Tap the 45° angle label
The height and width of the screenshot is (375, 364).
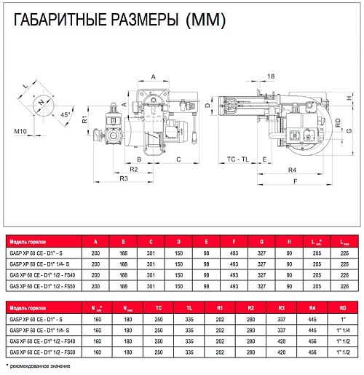point(65,114)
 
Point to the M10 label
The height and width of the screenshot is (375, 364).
point(20,131)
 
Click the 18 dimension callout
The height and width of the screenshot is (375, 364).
point(271,76)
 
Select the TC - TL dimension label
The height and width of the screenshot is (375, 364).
point(238,159)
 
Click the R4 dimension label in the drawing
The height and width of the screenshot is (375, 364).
point(292,170)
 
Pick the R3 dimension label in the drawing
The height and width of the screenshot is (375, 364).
point(124,178)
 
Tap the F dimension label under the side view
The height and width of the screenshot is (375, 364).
point(296,181)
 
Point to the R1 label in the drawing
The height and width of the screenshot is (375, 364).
point(84,119)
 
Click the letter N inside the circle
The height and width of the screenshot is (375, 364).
point(41,102)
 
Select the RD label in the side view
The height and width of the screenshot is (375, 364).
point(338,123)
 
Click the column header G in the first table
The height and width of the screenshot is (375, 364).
point(261,242)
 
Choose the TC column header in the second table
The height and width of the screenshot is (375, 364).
point(159,308)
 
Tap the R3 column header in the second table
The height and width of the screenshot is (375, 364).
point(281,308)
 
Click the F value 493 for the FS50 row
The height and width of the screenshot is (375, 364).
point(234,286)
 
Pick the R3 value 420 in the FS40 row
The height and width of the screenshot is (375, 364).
point(281,342)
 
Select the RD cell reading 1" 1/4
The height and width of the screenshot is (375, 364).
point(343,331)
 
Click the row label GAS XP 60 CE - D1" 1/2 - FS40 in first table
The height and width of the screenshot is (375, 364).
point(42,275)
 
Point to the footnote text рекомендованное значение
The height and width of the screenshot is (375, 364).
point(40,366)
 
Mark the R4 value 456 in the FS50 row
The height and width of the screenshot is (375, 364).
point(312,352)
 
